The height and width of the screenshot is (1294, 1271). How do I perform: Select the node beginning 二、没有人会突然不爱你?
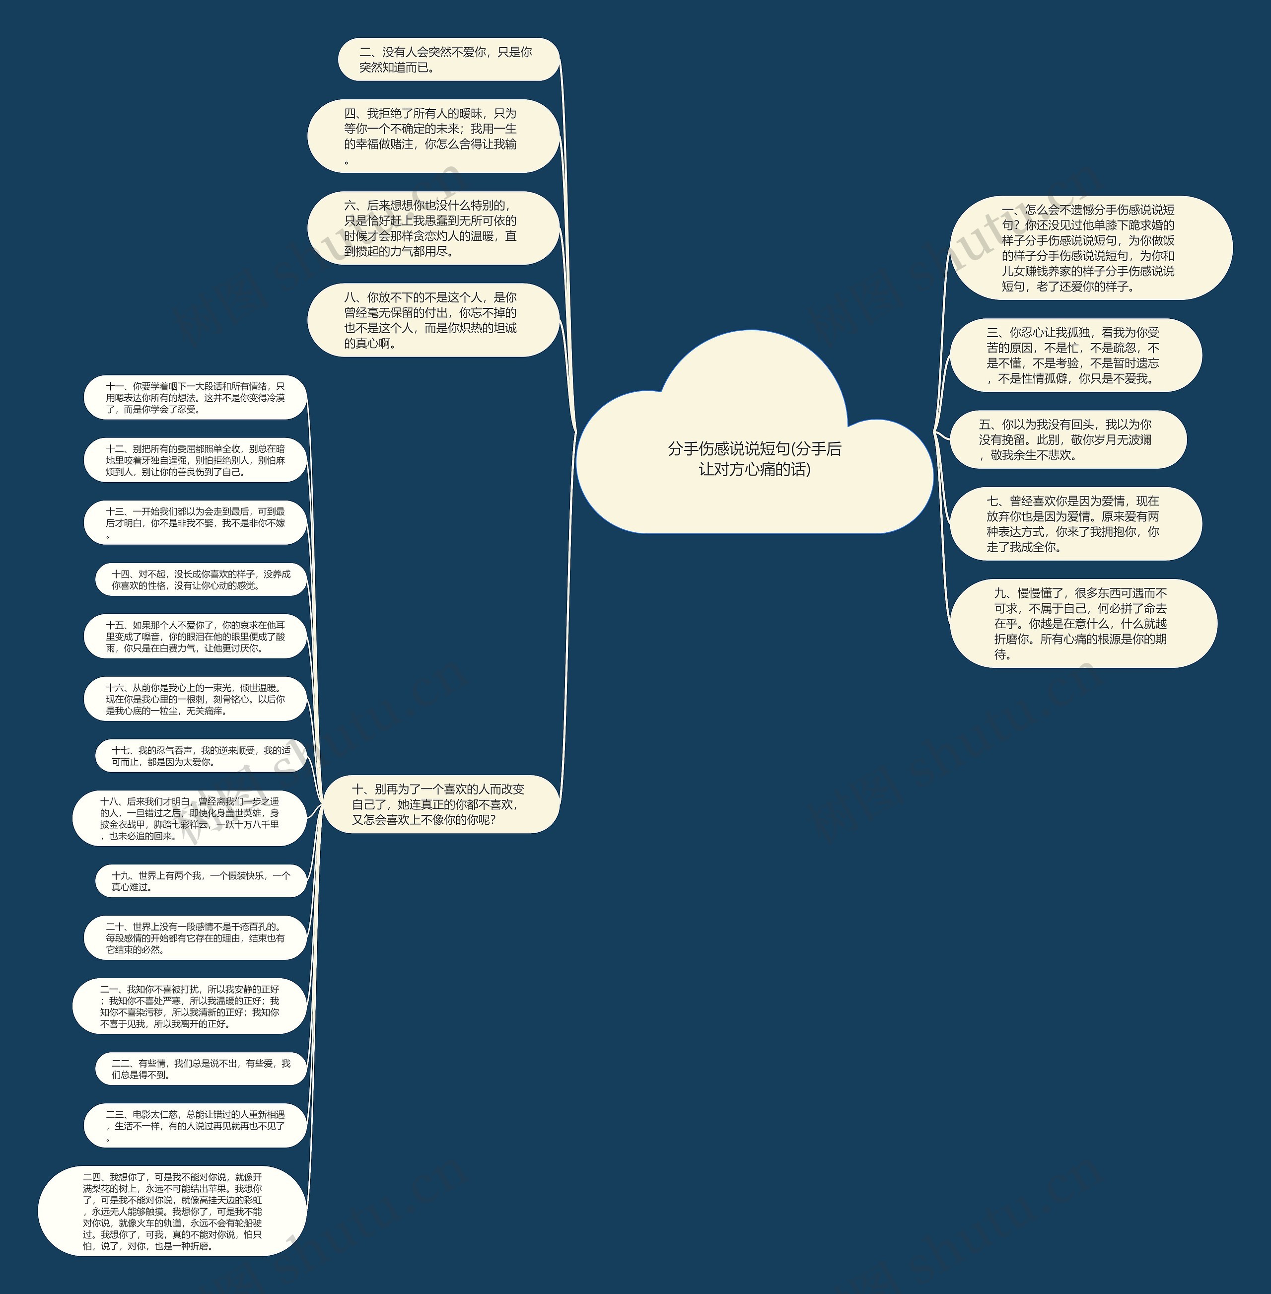[448, 60]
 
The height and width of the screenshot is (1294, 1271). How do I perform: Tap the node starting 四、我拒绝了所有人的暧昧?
[432, 136]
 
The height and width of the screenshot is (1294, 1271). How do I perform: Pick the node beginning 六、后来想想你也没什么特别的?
[432, 228]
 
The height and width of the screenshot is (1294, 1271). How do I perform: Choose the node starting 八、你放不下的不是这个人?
[432, 320]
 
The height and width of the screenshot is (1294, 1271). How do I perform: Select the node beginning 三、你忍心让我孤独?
[1075, 355]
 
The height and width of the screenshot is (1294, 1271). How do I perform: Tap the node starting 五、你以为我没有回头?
[1067, 439]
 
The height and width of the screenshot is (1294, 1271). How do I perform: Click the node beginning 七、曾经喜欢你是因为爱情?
[1075, 524]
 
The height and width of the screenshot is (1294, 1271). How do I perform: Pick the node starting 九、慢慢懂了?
[1083, 624]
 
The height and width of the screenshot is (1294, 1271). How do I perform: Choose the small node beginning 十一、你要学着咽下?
[195, 397]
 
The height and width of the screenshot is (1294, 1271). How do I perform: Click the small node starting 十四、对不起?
[200, 579]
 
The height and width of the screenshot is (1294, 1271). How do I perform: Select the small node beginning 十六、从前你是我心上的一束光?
[195, 699]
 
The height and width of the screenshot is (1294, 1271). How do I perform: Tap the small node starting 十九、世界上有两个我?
[200, 881]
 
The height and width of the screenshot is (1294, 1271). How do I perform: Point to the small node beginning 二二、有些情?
[200, 1069]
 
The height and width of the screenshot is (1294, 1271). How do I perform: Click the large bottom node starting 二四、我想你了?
[172, 1211]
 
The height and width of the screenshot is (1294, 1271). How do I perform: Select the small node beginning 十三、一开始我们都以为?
[195, 523]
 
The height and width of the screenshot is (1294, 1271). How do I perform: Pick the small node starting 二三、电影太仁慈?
[195, 1126]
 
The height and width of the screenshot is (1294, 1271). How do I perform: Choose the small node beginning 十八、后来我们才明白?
[190, 819]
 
